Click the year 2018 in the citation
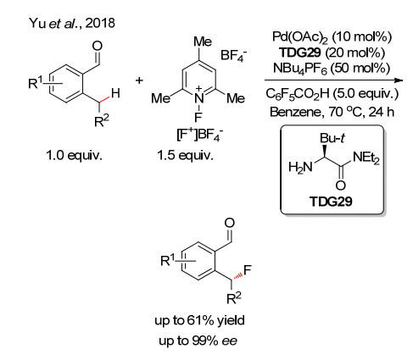(100, 23)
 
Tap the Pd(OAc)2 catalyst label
(299, 37)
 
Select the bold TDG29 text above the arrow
(300, 53)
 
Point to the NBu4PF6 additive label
(299, 69)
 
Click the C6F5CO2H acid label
(298, 94)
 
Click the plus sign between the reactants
(139, 80)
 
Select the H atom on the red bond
(115, 93)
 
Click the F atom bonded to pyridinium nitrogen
(198, 116)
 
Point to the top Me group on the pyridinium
(203, 42)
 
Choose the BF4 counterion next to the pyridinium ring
(233, 55)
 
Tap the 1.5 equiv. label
(185, 155)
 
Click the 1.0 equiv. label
(74, 155)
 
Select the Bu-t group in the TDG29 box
(332, 138)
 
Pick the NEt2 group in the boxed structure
(366, 158)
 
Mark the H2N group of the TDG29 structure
(300, 168)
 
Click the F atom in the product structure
(247, 270)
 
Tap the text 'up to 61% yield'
(199, 320)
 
